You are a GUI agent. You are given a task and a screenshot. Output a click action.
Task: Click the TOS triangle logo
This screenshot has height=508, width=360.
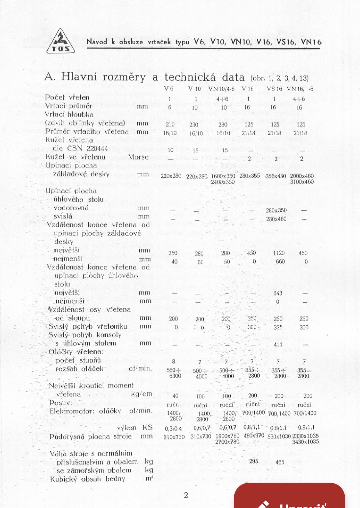click(61, 42)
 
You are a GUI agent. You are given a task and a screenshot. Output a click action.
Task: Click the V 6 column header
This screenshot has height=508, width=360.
click(169, 89)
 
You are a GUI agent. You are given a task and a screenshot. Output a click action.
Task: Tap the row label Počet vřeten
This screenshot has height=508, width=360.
click(67, 97)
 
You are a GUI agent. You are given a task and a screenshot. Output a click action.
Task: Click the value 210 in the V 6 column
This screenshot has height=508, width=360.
click(170, 124)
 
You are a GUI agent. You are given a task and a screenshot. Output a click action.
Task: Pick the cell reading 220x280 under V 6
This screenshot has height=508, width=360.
click(171, 176)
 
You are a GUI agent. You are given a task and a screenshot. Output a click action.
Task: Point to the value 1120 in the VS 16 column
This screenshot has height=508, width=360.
click(279, 253)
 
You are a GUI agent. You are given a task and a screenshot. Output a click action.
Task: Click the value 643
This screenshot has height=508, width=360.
click(278, 293)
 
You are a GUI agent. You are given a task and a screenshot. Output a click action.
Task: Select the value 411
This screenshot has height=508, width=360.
click(278, 344)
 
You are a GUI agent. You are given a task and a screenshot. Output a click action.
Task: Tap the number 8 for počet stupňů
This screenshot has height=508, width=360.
click(173, 361)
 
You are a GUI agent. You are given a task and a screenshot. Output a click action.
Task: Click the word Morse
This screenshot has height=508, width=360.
click(138, 157)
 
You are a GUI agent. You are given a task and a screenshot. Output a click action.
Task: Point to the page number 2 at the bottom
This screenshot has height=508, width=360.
click(186, 495)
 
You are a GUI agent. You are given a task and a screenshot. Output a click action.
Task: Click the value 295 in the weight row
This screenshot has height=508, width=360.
click(254, 461)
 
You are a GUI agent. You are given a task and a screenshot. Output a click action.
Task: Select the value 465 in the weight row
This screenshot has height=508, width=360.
click(280, 462)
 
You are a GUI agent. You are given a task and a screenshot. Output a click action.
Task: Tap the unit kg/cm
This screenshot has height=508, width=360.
click(141, 394)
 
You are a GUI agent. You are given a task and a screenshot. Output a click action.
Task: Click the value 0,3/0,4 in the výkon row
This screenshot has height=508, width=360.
click(173, 428)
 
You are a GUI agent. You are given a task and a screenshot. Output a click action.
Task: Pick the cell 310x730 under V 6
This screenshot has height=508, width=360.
click(174, 437)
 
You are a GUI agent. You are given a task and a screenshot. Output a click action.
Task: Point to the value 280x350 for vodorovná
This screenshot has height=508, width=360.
click(276, 211)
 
